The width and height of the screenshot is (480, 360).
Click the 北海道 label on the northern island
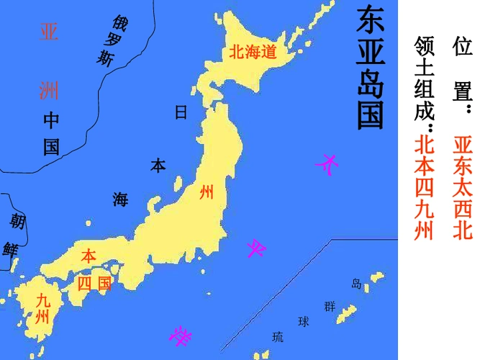coord(253,51)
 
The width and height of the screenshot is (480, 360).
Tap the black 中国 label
coord(50,134)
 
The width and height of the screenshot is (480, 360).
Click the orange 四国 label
coord(94,284)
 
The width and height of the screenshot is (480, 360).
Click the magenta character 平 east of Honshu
coord(257,249)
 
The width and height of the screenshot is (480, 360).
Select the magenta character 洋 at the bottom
coord(180,335)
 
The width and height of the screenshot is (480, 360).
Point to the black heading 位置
coord(461,72)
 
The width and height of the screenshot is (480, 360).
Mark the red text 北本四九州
coord(425,186)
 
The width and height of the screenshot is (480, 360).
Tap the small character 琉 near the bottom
coord(278,336)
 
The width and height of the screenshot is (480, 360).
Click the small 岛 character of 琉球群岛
coord(356,283)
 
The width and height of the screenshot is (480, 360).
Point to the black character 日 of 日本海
coord(181,112)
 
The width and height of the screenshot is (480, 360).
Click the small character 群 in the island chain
coord(330,306)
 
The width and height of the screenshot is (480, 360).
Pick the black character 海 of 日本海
coord(119,199)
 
